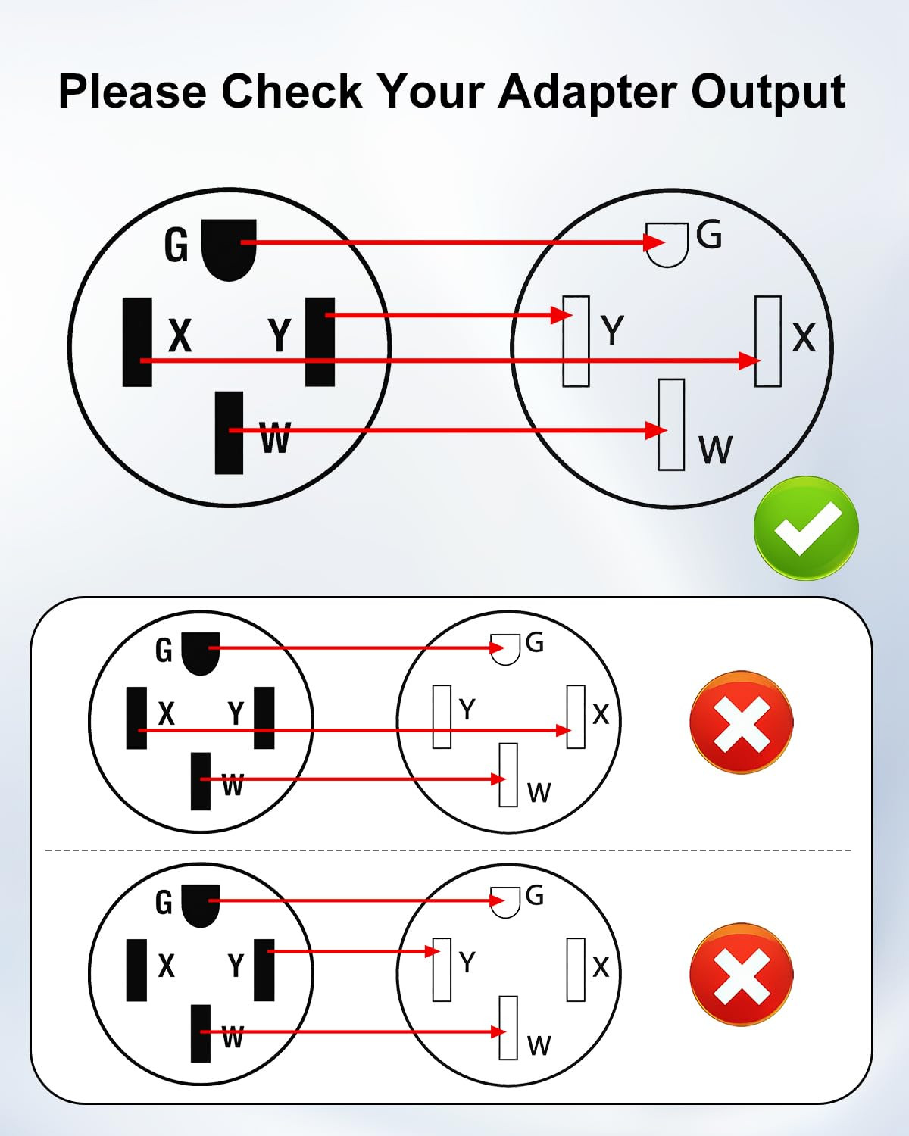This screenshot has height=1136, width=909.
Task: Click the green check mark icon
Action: [x=805, y=528]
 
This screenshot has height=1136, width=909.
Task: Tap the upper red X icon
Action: [x=742, y=722]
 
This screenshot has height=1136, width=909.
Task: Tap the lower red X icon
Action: [x=742, y=975]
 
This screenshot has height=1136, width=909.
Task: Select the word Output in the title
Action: [x=769, y=92]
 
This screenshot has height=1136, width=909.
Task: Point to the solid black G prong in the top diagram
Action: [x=229, y=250]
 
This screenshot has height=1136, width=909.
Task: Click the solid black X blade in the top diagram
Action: [x=137, y=342]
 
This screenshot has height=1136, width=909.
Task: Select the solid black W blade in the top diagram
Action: [x=230, y=432]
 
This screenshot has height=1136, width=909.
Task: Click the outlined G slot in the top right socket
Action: [x=667, y=245]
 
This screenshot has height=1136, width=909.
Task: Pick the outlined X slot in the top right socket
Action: [x=768, y=341]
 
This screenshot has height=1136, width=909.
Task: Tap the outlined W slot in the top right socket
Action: [x=671, y=424]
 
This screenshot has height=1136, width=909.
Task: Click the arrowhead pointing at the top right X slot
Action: [x=750, y=361]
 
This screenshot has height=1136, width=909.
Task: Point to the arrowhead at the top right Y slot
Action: [x=562, y=315]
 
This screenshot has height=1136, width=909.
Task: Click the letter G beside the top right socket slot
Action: [x=709, y=234]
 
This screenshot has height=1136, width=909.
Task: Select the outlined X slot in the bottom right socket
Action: [x=576, y=969]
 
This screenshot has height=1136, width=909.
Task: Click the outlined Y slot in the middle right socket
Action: [x=442, y=717]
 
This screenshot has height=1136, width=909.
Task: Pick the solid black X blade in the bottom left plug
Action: [x=137, y=969]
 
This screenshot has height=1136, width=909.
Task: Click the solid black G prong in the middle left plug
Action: [x=201, y=654]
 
